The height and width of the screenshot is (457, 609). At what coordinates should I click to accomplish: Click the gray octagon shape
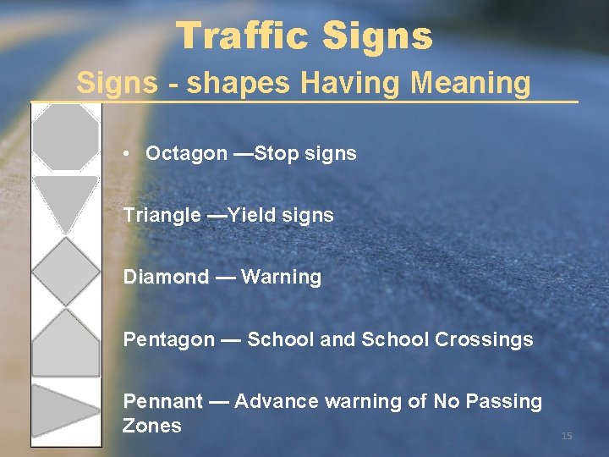pos(65,137)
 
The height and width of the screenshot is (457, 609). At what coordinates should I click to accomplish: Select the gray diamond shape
pos(65,272)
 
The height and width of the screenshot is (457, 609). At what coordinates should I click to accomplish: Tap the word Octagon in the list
pos(186,153)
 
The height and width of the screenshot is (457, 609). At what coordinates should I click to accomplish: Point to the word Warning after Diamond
pos(281,278)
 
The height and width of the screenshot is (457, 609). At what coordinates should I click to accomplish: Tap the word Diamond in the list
pos(166,278)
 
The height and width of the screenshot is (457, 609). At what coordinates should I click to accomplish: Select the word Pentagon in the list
pos(168,340)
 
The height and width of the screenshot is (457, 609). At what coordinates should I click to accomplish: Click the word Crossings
pos(484,340)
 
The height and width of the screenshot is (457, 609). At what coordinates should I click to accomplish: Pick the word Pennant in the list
pos(163,401)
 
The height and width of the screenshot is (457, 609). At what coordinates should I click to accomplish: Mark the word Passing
pos(504,401)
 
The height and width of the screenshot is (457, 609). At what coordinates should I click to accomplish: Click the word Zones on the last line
pos(152,426)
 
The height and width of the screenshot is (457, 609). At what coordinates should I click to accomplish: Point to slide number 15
pos(567,436)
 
